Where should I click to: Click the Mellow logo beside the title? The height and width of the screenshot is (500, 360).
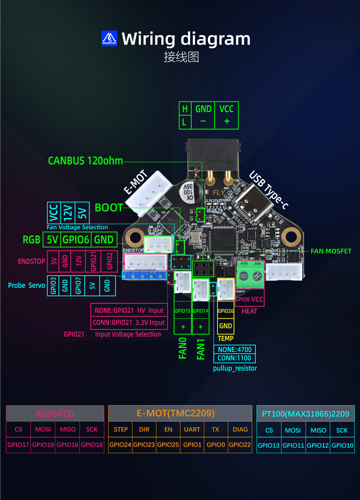[109, 38]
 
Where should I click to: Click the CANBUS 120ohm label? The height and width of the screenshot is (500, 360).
[85, 161]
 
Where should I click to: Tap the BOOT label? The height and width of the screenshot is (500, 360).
[109, 208]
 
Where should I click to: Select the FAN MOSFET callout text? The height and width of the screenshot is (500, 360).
[331, 251]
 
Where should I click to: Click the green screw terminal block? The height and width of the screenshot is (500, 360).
[250, 275]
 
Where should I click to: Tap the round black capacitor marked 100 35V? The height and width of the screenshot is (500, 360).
[188, 191]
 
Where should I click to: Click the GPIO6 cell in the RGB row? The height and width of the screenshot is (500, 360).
[76, 239]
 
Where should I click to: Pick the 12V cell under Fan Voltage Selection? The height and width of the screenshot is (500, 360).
[67, 213]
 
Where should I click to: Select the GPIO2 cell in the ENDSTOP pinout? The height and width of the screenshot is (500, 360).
[109, 261]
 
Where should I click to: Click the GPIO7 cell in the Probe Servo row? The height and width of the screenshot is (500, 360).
[78, 286]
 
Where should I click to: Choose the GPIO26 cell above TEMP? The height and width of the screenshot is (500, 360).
[225, 311]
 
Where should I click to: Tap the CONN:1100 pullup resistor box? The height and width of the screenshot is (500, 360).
[234, 358]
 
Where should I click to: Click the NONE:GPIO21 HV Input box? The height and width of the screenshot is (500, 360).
[129, 310]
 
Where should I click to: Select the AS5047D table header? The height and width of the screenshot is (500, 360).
[55, 414]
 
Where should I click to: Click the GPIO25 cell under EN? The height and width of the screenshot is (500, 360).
[168, 444]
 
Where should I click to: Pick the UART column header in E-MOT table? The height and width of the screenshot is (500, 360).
[192, 429]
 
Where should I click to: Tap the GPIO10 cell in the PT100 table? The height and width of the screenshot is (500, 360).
[342, 446]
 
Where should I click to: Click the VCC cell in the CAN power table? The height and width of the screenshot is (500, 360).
[226, 109]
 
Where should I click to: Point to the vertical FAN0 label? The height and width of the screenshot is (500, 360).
[183, 348]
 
